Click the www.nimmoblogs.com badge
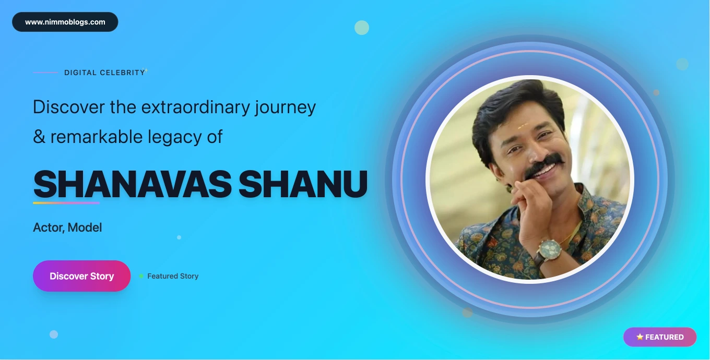tap(65, 22)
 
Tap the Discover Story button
tap(82, 276)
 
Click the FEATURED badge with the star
tap(660, 337)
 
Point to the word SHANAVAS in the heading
tap(132, 185)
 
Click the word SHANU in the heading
tap(303, 185)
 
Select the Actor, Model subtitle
tap(67, 227)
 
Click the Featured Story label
tap(173, 276)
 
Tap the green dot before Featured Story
tap(141, 276)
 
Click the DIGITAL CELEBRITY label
tap(104, 73)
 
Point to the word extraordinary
tap(196, 107)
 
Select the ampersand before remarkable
tap(39, 137)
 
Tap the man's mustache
tap(544, 164)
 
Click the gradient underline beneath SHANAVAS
tap(66, 203)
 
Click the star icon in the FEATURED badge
tap(640, 337)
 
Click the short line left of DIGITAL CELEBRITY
tap(45, 73)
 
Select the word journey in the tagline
tap(286, 107)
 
